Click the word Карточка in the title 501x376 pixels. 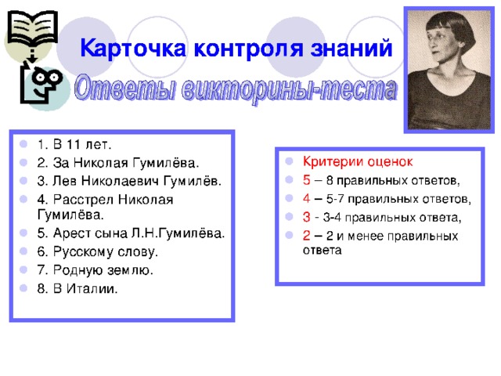[133, 49]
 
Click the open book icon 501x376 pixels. [33, 28]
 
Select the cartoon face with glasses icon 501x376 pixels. [42, 84]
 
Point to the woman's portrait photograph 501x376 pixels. [449, 70]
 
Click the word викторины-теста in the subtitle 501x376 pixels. [290, 89]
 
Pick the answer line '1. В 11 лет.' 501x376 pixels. [74, 144]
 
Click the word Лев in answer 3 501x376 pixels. [65, 181]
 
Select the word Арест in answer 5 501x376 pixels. [73, 233]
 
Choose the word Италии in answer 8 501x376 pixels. [92, 289]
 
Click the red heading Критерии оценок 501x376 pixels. [358, 161]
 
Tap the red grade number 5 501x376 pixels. [306, 180]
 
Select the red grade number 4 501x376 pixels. [306, 199]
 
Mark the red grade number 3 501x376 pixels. [306, 218]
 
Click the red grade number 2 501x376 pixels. [306, 236]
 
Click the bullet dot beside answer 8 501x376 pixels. [23, 288]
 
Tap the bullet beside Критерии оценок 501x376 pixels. [289, 161]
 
